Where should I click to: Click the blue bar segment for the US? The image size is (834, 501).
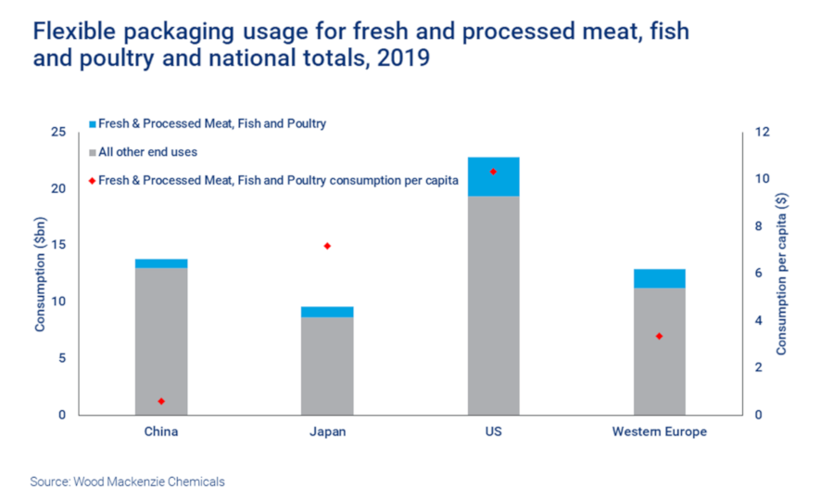[x=493, y=176]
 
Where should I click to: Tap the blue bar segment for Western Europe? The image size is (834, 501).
[x=659, y=278]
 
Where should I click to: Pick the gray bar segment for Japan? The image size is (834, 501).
[x=327, y=366]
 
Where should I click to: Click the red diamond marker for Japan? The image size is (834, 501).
[x=327, y=246]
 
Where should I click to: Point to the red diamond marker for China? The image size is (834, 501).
[x=161, y=401]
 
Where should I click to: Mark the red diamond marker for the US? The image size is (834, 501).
[x=493, y=172]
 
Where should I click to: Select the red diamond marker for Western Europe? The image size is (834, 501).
[x=659, y=336]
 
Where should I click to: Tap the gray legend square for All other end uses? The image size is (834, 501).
[x=92, y=152]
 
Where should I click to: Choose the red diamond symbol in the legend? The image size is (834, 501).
[x=92, y=181]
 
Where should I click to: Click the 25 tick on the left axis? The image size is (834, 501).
[x=58, y=133]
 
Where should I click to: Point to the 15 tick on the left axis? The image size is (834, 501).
[x=58, y=246]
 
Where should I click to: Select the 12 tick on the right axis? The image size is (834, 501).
[x=761, y=133]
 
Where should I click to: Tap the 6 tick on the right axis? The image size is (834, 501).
[x=757, y=274]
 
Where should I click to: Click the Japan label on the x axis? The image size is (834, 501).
[x=327, y=432]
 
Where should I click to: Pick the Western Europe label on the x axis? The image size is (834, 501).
[x=659, y=432]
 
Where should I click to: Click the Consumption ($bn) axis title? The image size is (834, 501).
[x=40, y=274]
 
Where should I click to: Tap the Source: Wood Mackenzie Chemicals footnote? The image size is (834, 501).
[x=127, y=482]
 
